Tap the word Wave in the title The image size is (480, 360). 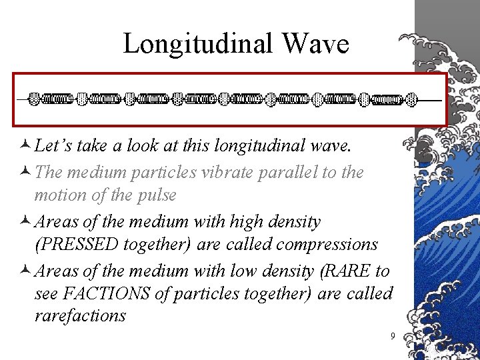point(315,44)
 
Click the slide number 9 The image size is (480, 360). point(393,336)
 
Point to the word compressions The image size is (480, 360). point(327,244)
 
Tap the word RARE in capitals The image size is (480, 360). point(349,271)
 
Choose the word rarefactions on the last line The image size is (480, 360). point(80,315)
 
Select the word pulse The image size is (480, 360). point(157,195)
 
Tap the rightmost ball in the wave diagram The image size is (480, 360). point(412,100)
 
